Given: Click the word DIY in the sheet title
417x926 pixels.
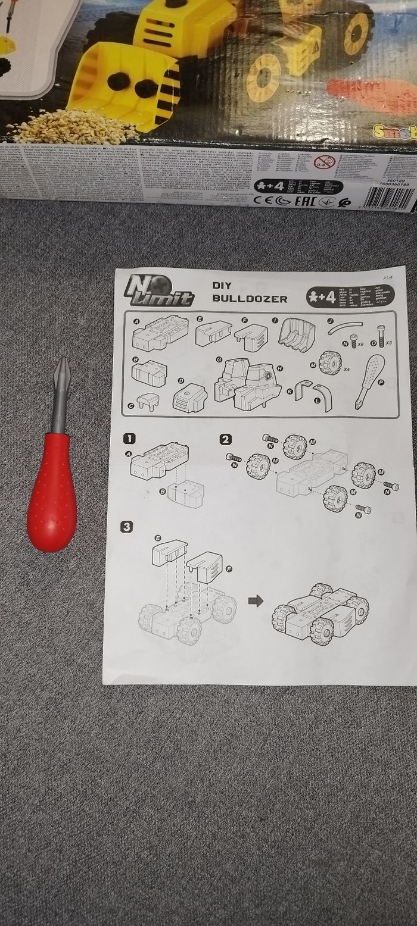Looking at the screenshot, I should point(222,285).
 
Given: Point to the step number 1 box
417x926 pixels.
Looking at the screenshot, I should point(128,439).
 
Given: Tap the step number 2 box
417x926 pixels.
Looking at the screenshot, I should point(225,440).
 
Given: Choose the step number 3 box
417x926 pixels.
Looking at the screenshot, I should point(126,527).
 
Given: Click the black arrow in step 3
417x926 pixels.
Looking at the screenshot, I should point(256,602).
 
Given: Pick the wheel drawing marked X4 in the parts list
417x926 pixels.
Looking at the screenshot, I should point(329,362).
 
